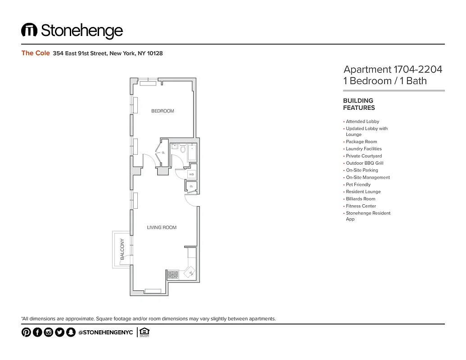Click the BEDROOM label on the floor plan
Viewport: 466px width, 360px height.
pos(162,111)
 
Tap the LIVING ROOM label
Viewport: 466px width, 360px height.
pos(162,228)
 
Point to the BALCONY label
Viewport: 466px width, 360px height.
pos(122,249)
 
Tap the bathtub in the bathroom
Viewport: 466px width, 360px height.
pos(192,152)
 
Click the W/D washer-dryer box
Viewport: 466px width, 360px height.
pos(191,174)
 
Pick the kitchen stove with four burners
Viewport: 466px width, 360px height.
pos(173,274)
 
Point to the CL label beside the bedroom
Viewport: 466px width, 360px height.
pos(163,153)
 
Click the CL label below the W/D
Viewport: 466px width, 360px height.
pos(191,186)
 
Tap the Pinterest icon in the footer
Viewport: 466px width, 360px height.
pos(26,333)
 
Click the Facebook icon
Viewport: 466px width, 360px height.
pos(37,333)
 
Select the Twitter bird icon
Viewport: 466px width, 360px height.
pos(59,333)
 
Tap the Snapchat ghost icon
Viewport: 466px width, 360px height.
pos(70,333)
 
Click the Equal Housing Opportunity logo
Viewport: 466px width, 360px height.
pos(145,332)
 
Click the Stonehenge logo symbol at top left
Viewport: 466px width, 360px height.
pos(29,30)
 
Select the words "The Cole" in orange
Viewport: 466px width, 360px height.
pos(36,53)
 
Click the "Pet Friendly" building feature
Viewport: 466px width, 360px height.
pos(358,184)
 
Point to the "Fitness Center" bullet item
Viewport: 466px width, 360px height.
pos(361,206)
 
